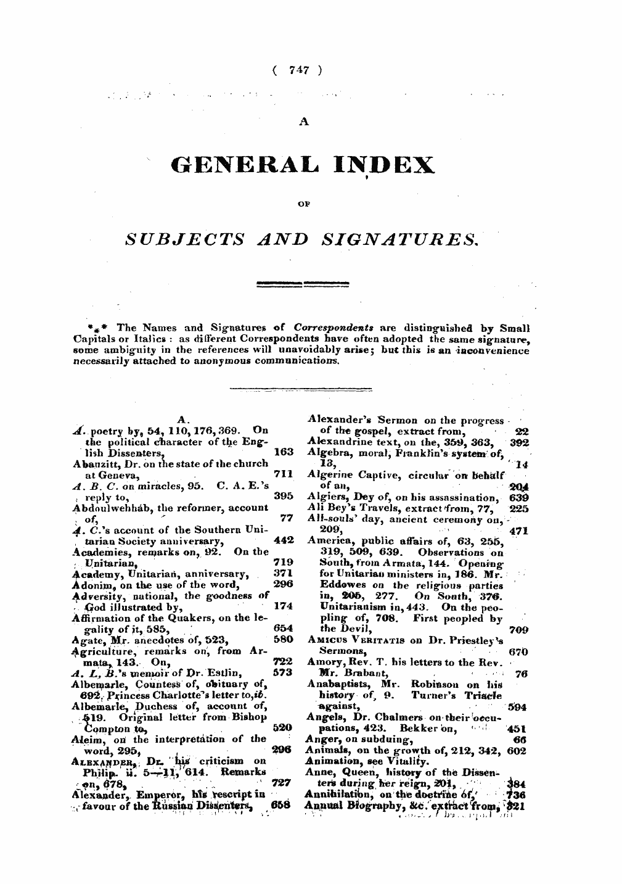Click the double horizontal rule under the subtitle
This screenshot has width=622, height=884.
(303, 284)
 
